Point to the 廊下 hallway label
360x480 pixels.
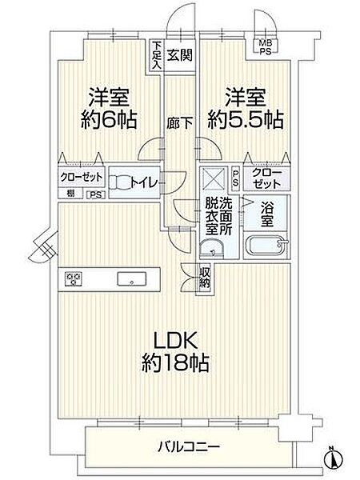[178, 123]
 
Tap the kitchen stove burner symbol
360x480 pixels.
[75, 278]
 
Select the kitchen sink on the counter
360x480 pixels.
[130, 279]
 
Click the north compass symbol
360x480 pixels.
[333, 457]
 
